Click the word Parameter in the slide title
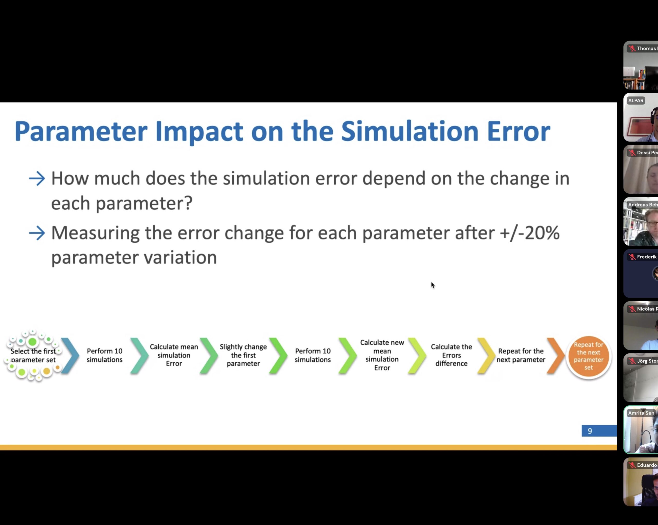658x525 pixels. click(81, 131)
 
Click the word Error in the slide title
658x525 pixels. click(518, 131)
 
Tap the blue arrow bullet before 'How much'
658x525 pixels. click(37, 179)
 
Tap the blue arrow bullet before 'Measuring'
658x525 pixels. click(37, 233)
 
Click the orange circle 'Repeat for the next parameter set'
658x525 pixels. click(588, 356)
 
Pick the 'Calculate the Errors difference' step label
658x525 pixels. click(451, 355)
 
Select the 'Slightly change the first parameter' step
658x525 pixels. click(243, 355)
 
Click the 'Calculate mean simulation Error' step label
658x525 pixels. click(174, 355)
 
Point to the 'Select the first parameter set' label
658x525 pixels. click(33, 355)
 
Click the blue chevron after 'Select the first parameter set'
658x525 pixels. click(70, 356)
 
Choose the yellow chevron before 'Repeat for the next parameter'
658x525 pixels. click(487, 356)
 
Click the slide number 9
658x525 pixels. click(590, 431)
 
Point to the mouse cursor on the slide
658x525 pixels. click(433, 285)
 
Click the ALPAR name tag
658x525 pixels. click(636, 100)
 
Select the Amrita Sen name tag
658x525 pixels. click(641, 413)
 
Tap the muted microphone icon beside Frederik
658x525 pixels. click(632, 257)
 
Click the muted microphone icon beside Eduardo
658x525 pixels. click(632, 465)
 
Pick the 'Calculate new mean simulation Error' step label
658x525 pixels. click(382, 355)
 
